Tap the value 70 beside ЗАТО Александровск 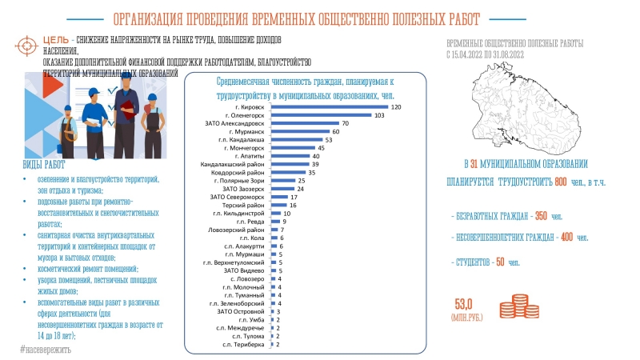coord(346,124)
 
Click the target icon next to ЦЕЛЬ coord(26,42)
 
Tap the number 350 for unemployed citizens coord(542,217)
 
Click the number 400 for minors coord(566,238)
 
